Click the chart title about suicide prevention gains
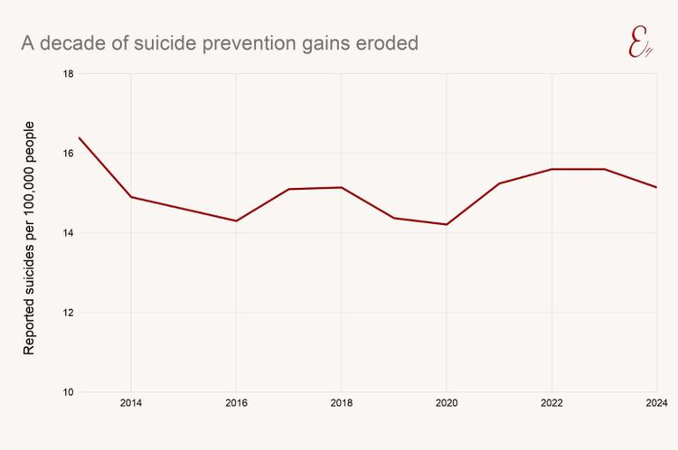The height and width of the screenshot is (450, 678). (x=220, y=43)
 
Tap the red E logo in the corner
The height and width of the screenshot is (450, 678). (x=640, y=43)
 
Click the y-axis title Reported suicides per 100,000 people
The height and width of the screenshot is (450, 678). (x=30, y=237)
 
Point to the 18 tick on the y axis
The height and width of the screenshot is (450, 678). (x=69, y=73)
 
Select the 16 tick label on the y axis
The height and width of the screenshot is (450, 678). (x=69, y=153)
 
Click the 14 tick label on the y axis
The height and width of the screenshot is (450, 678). (x=69, y=233)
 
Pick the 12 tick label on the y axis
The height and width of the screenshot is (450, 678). (x=69, y=313)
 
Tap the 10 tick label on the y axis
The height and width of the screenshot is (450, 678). (x=69, y=392)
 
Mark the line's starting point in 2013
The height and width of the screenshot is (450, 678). (x=79, y=137)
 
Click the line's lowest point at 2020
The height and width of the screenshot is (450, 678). (x=446, y=224)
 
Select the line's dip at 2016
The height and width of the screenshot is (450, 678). (x=236, y=220)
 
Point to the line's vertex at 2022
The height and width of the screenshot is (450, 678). (x=551, y=169)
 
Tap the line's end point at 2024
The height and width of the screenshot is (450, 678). (x=655, y=187)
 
